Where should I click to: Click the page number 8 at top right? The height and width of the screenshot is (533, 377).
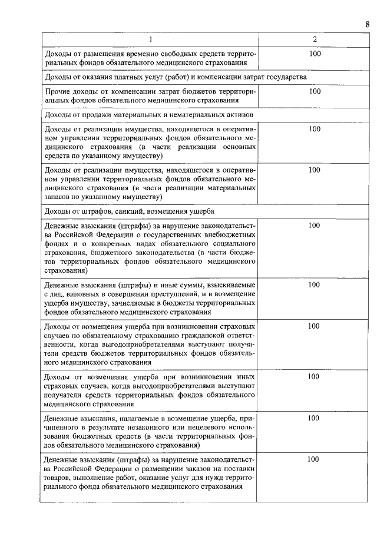click(367, 24)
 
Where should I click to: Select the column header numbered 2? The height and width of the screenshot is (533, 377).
click(315, 39)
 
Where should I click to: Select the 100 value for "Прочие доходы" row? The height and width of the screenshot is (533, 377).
click(315, 91)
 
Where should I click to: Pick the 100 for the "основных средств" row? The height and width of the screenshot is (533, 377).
click(315, 129)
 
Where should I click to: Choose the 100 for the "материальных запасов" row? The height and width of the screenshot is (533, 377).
click(315, 170)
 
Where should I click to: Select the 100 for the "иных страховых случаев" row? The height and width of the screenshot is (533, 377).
click(315, 376)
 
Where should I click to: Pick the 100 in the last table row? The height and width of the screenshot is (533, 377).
click(315, 459)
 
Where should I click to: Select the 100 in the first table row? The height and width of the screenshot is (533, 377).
click(315, 54)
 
